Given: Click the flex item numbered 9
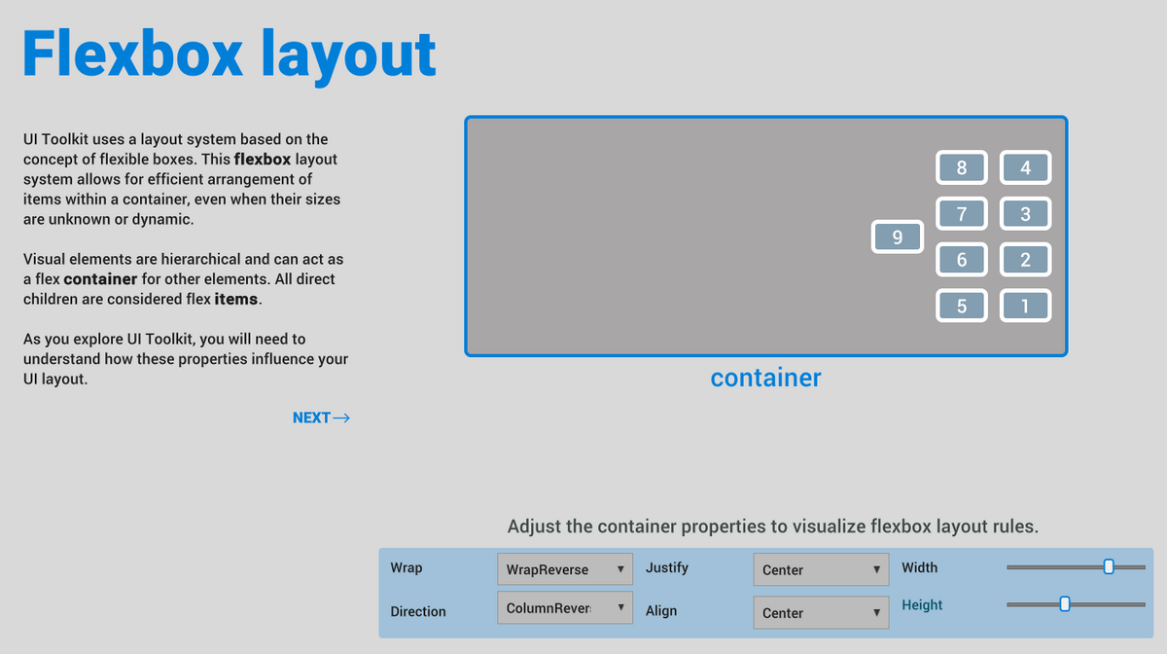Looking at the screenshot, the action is (x=897, y=236).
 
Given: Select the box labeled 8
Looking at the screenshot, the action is (x=961, y=167).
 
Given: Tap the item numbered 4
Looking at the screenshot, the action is (x=1025, y=167).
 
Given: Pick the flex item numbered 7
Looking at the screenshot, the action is (x=961, y=213).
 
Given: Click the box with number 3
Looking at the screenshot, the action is (x=1025, y=213).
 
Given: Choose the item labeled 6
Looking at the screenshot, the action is (x=961, y=259).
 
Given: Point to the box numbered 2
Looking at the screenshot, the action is (x=1025, y=259).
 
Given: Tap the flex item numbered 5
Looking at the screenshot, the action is (x=961, y=305).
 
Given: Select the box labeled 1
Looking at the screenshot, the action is (x=1025, y=305).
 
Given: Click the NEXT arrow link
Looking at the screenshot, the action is (x=321, y=418).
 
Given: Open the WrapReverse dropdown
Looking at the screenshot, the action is (x=565, y=569).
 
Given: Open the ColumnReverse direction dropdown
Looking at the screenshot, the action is (x=565, y=607).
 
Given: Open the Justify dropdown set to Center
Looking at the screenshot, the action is (x=821, y=569).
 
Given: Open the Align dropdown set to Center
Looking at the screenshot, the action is (x=821, y=612).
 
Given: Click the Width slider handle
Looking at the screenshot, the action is (x=1109, y=566).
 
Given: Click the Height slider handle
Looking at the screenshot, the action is (x=1065, y=604).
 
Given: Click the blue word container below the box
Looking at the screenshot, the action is (x=766, y=378).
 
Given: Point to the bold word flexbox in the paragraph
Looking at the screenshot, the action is (x=263, y=159).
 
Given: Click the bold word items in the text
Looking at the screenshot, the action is (x=236, y=299).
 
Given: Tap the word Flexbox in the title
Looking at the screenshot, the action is (x=133, y=54).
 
